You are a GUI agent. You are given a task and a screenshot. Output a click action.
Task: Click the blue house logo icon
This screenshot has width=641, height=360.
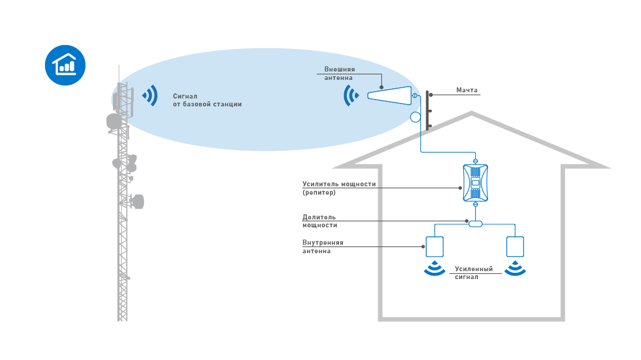coord(65,65)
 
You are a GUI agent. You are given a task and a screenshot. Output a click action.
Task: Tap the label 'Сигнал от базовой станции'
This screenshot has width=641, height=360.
coord(207,100)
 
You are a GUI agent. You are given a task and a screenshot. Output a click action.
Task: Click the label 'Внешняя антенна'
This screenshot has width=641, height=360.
coord(339,73)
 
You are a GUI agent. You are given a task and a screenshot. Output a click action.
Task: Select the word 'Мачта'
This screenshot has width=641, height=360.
coord(467,90)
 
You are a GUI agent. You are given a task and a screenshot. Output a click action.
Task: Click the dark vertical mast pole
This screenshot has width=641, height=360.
coord(427,111)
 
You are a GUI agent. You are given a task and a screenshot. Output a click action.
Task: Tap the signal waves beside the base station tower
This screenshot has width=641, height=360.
coord(150,96)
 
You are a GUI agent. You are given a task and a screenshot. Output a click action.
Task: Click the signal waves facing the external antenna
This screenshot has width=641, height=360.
coord(351,96)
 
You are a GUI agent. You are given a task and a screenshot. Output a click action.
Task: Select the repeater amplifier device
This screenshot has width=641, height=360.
coord(476,183)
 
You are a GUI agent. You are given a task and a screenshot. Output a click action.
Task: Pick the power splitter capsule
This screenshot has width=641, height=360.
coord(476,223)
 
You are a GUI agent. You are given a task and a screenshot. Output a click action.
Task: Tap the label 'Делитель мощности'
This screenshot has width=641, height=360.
coord(319,220)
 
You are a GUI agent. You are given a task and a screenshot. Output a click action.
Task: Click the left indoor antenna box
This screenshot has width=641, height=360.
coord(435,246)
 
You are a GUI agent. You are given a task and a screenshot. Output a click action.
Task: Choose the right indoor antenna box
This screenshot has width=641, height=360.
coord(515,246)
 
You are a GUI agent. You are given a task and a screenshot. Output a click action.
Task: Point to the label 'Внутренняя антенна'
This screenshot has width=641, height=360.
coord(323,246)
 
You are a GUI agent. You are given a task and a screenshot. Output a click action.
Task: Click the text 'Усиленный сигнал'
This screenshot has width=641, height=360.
coord(473,273)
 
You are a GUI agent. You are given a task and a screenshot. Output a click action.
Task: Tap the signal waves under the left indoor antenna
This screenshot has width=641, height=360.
coord(434,269)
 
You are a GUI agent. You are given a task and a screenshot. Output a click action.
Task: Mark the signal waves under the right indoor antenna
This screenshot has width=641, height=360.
coord(515,269)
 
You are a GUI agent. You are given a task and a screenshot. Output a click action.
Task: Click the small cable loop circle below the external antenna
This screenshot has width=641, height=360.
coord(416,117)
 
